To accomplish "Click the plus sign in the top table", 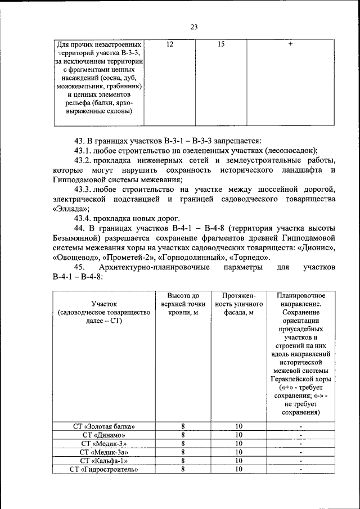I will [290, 44].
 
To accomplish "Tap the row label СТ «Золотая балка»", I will [104, 426].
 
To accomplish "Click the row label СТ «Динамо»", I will [104, 434].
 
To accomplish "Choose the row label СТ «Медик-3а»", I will [104, 451].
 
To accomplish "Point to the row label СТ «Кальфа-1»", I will [104, 460].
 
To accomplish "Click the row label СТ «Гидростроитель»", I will [104, 469].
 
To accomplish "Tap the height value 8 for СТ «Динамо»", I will [183, 434].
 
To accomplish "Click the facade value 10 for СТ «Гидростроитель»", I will [238, 469].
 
